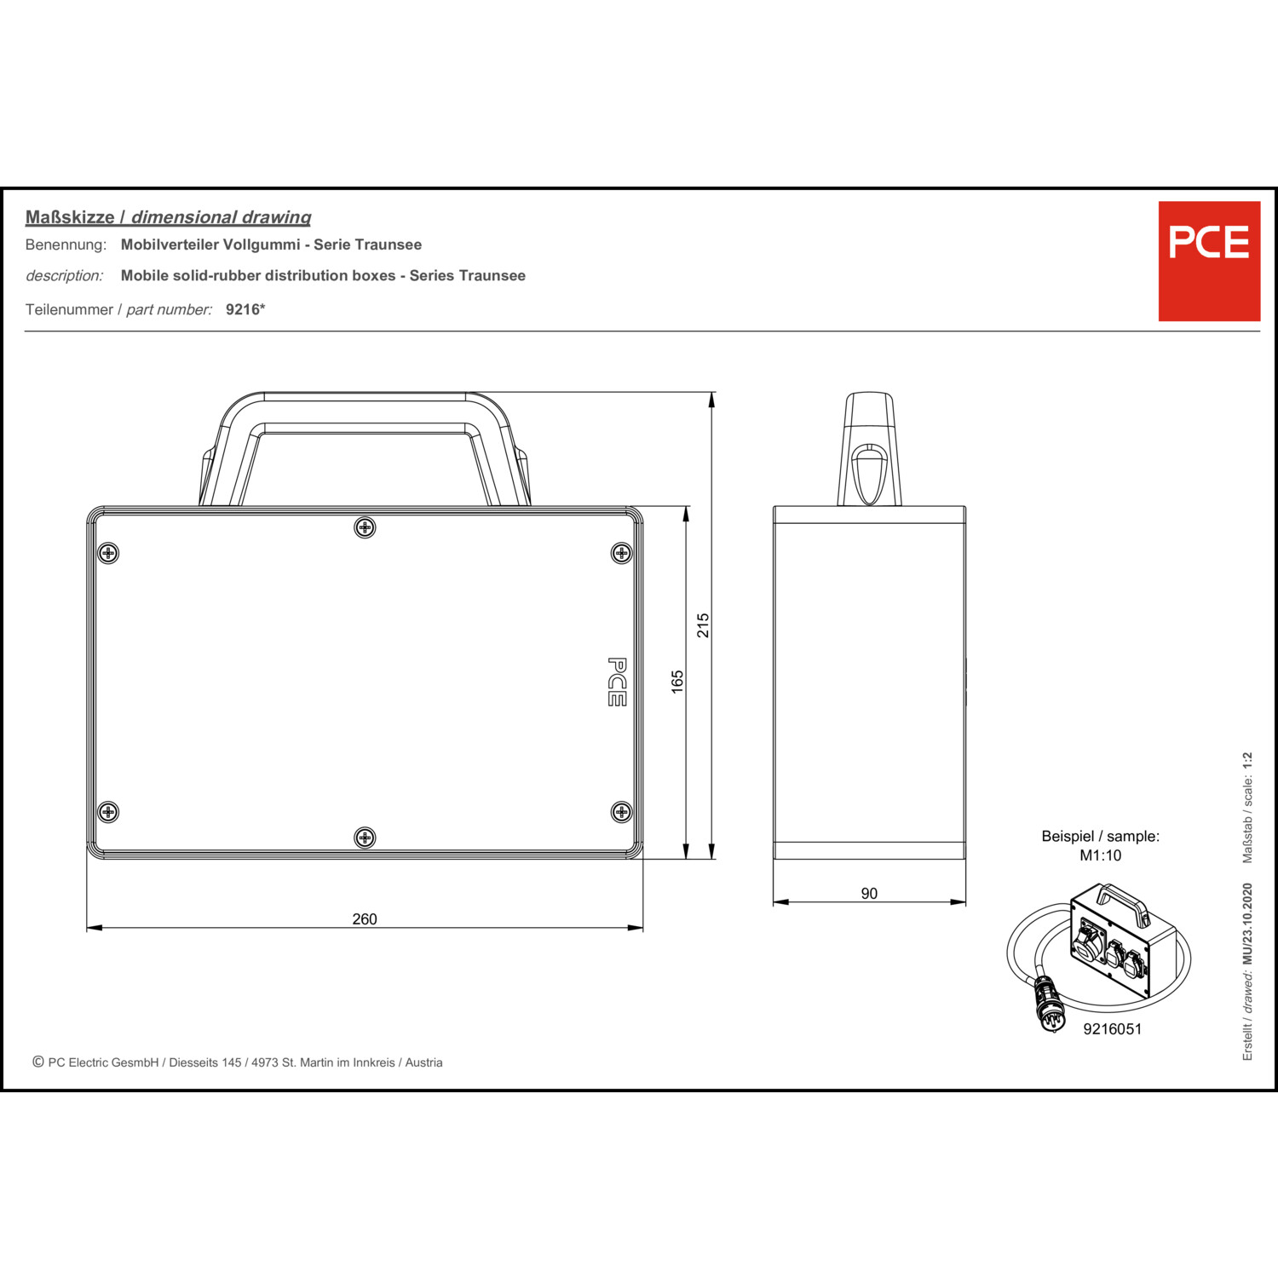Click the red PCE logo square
(x=1209, y=261)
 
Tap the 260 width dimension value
(x=365, y=919)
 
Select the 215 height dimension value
(x=703, y=625)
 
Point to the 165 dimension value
(x=677, y=682)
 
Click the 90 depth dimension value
(x=869, y=894)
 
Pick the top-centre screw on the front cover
(x=365, y=528)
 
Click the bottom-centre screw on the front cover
(x=365, y=838)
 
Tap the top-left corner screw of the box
(x=107, y=553)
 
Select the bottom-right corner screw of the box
(x=622, y=812)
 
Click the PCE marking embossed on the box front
(x=617, y=682)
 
